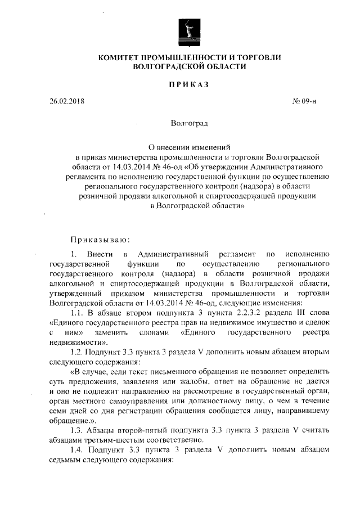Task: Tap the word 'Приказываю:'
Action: (93, 240)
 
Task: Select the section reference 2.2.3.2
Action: (219, 313)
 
